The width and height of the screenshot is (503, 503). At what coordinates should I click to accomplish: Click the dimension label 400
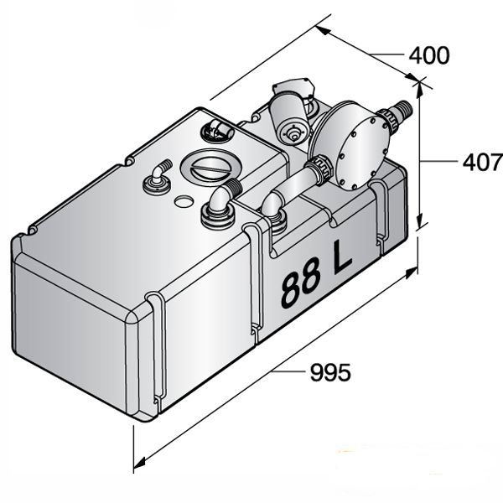coord(428,55)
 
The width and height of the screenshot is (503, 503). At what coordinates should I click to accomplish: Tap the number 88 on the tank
coord(299,288)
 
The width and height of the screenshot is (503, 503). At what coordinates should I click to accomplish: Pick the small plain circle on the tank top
coord(183,202)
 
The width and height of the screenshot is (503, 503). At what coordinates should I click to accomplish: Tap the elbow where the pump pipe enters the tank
coord(272,211)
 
